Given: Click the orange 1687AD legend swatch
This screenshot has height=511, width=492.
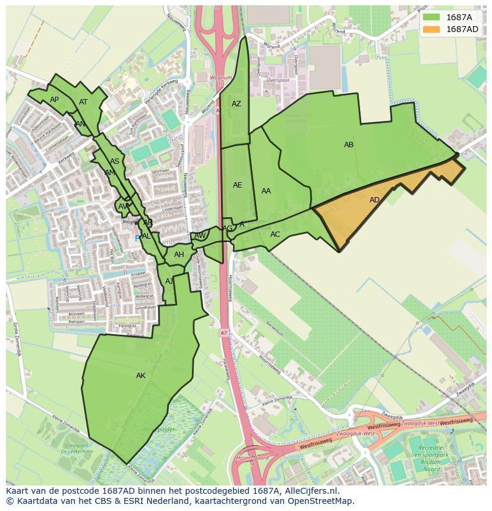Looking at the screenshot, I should coord(432,29).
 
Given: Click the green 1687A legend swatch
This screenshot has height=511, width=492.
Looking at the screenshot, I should coord(432,17).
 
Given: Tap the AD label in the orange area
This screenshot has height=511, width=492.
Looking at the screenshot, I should coord(374,200).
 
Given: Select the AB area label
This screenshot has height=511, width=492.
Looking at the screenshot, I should coord(349,145).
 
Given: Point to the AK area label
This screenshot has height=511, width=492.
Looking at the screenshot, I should coord(141,376).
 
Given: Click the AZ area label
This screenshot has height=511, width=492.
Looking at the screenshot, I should coord(236,104).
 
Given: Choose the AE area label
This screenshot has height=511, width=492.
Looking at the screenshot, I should coord(237,185).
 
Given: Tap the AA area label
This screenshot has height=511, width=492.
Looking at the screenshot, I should coord(266,191).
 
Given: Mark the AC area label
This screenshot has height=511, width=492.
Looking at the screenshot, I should coord(275,234).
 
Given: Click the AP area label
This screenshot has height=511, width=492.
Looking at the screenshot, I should coord(55,100).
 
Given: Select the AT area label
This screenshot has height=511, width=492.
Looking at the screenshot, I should coord(83,102).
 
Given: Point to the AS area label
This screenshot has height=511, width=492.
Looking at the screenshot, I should coord(115,161).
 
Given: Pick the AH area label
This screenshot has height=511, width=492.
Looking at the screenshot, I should coord(179,255).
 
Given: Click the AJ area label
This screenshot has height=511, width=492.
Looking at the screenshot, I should coord(169,281).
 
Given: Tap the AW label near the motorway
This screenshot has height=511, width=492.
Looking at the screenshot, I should coord(200,236).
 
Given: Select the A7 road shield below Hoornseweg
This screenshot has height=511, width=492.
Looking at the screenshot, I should coord(223,332).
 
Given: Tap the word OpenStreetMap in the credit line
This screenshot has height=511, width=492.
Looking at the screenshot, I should coord(324,501).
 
